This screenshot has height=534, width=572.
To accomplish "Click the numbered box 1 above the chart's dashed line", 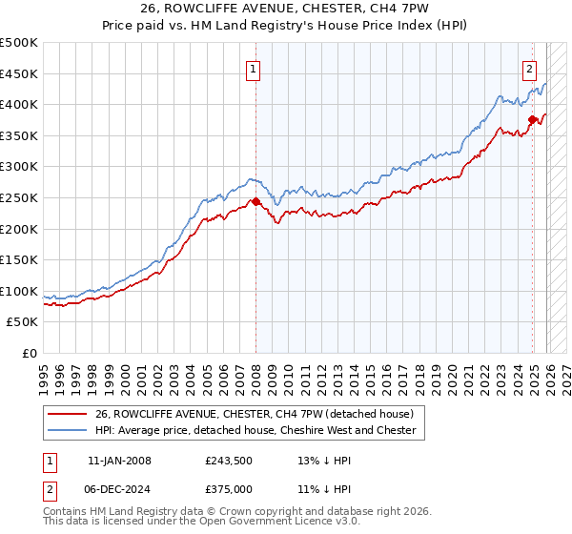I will click(255, 69).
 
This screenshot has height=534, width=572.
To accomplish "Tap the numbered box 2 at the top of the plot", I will click(529, 69).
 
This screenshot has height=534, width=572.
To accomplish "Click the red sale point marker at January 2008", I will click(255, 202).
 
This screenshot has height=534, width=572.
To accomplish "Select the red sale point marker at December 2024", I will click(532, 120).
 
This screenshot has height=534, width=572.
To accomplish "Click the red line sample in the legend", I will click(69, 414).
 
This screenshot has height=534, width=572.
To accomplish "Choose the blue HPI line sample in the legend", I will click(69, 430).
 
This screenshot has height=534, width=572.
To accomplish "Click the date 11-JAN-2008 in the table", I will click(119, 461).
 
